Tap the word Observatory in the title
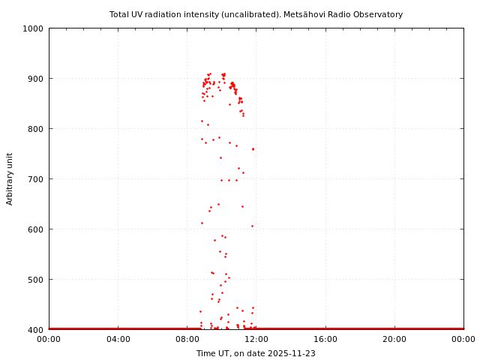click(378, 14)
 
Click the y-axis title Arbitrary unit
click(10, 178)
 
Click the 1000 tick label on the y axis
click(33, 28)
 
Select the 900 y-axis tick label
click(35, 79)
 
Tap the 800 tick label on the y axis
click(35, 129)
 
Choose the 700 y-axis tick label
click(35, 179)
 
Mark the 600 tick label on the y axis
click(35, 229)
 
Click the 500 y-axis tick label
click(35, 280)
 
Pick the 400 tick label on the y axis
click(35, 330)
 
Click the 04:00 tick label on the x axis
click(118, 339)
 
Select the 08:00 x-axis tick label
click(187, 339)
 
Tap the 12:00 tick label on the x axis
click(256, 339)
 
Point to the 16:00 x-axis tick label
click(325, 339)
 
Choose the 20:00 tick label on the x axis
click(394, 339)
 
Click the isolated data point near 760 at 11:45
click(253, 148)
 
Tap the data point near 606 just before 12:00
click(252, 226)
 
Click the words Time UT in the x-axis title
click(213, 353)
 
